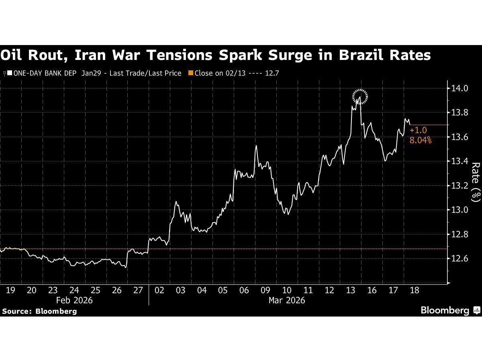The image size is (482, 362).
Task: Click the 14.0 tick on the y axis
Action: coord(460,88)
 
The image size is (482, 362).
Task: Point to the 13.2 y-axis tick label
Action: coord(460,186)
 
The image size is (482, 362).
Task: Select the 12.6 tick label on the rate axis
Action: coord(460,259)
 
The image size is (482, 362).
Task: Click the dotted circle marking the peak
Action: coord(360,97)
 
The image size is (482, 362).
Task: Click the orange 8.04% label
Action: coord(420,140)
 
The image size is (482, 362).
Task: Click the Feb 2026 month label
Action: coord(74,300)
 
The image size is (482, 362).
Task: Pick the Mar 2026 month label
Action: coord(286,300)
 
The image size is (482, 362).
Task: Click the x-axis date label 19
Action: coord(10,290)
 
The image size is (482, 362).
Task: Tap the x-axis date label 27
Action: coord(138,290)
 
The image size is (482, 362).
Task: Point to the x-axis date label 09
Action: coord(266,290)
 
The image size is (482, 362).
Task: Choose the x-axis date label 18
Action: coord(414,290)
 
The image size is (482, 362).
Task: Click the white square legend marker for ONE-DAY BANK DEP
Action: coord(9,73)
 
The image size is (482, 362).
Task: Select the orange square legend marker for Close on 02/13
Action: coord(191,73)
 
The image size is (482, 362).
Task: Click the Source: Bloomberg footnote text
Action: coord(39,311)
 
